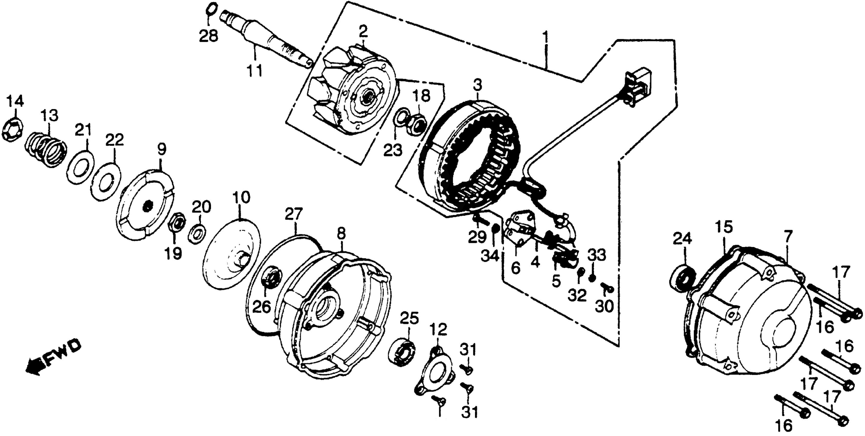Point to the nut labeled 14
click(13, 131)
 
